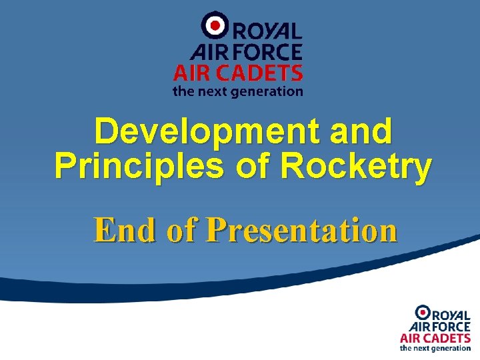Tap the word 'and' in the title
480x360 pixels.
pos(359,131)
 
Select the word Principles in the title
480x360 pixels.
pos(139,167)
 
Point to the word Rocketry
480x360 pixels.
pos(356,167)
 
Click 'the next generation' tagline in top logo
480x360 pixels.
pos(238,91)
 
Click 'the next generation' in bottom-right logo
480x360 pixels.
pos(435,348)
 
